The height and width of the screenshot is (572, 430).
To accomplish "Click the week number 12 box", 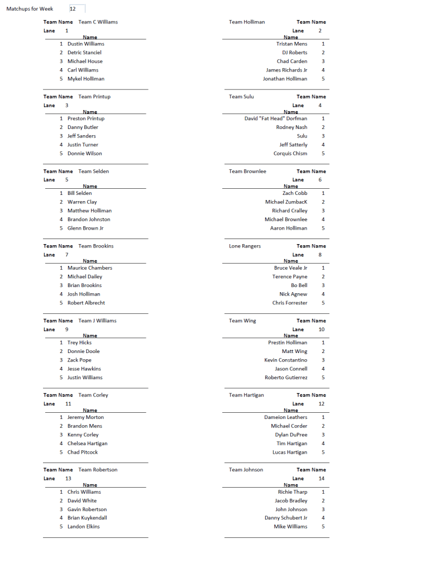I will tap(77, 9).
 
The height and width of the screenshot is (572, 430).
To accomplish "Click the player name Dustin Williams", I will tap(85, 44).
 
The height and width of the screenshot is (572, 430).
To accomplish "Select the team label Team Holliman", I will tap(247, 22).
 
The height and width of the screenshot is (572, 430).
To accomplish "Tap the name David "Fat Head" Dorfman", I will tap(275, 118).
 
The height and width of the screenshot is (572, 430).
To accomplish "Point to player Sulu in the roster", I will tap(302, 136).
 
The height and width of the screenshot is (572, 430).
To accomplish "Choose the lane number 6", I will tap(320, 180).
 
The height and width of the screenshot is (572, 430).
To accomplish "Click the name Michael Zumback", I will tap(286, 202).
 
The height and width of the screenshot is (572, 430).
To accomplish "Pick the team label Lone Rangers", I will tap(245, 246).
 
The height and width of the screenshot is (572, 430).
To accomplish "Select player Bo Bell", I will tap(299, 285).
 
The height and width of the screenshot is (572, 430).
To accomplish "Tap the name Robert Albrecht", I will tap(86, 303).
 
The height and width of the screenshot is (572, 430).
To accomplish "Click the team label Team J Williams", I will tap(97, 321).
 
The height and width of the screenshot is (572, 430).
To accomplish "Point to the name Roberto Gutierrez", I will tap(285, 378).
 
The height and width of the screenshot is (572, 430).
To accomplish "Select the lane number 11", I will tap(68, 404).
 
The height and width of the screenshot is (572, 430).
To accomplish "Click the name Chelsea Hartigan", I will tap(87, 444).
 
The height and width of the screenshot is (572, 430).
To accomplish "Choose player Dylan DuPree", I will tap(291, 435).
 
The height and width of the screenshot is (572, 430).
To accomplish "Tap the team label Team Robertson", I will tap(98, 470).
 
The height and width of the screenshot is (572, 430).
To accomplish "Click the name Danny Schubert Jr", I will tap(285, 518).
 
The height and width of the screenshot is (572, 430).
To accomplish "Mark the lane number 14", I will tap(321, 479).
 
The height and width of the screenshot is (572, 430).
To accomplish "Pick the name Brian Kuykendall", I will tap(87, 518).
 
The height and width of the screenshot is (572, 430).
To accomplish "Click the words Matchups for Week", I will tap(30, 9).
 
